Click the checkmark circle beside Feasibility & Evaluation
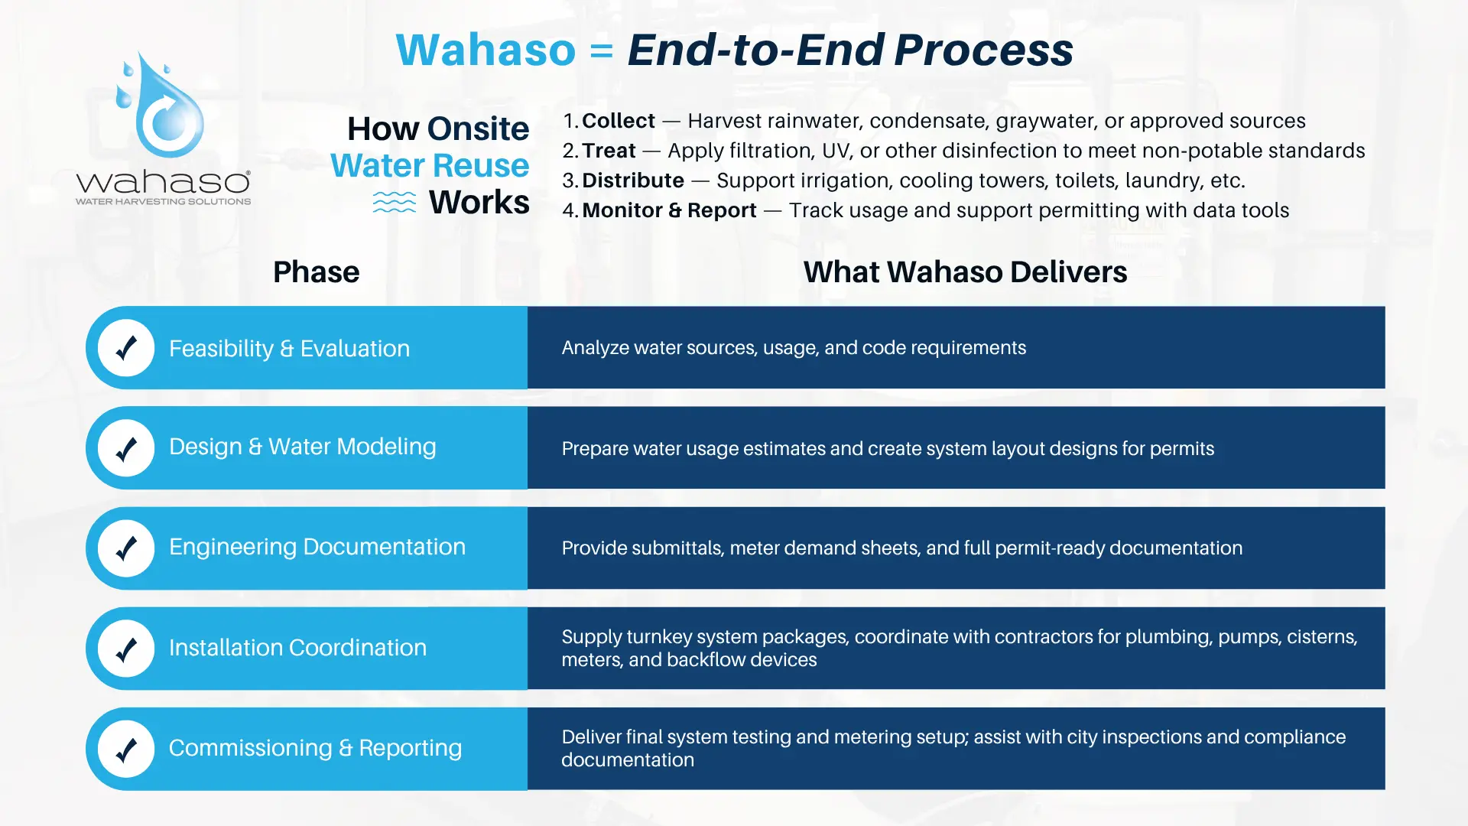click(x=126, y=348)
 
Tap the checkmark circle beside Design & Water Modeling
click(x=126, y=448)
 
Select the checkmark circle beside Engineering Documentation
click(x=126, y=548)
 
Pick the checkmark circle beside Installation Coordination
click(x=126, y=649)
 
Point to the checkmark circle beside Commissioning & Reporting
click(x=126, y=749)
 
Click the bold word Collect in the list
click(x=618, y=121)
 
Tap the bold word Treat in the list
click(x=609, y=151)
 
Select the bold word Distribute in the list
click(x=632, y=180)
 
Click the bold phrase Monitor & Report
click(x=669, y=210)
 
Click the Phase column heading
click(x=316, y=272)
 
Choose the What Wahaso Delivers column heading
click(x=965, y=272)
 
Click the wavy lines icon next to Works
click(x=395, y=203)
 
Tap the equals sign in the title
click(x=601, y=50)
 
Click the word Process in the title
click(x=983, y=50)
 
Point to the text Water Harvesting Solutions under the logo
click(x=163, y=201)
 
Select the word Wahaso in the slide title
click(x=486, y=50)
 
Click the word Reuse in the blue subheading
click(x=480, y=166)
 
